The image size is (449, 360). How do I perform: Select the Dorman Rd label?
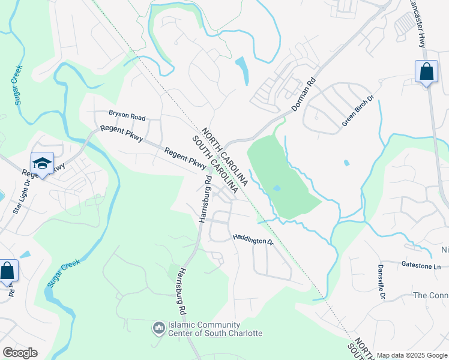tap(303, 95)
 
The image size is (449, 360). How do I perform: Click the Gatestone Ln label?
tap(420, 265)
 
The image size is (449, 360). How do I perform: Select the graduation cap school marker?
tap(43, 163)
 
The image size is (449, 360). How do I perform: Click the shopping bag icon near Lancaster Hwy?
tap(426, 72)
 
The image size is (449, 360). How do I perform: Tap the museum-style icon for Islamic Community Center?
tap(159, 328)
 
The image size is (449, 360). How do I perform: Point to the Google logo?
tap(20, 353)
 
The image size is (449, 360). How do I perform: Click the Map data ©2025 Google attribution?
tap(412, 355)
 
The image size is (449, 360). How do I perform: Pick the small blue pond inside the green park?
tap(277, 188)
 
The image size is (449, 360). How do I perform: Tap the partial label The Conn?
tap(431, 296)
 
